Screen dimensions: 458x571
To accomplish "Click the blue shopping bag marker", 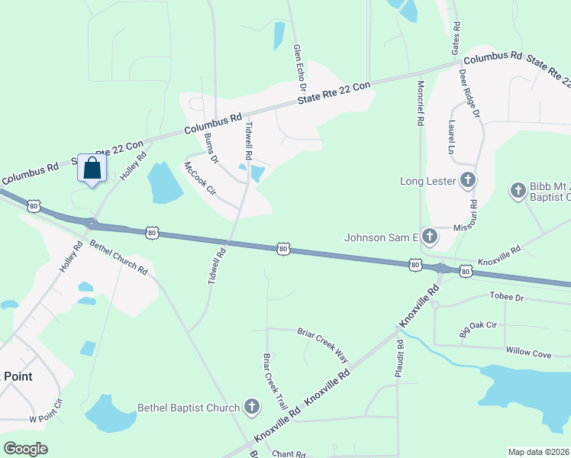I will [x=92, y=169].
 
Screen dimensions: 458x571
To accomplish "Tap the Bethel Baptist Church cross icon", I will [x=252, y=408].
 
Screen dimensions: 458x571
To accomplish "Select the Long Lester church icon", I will [x=468, y=181].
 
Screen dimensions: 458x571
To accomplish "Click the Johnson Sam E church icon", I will [x=430, y=237].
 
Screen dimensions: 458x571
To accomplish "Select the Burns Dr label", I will [x=211, y=149].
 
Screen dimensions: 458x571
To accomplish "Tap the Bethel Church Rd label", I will [x=118, y=257].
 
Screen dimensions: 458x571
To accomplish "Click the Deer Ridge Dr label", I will [x=468, y=93].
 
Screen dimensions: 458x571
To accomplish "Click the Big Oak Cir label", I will [x=479, y=329].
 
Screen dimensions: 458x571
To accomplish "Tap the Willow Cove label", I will [x=528, y=353].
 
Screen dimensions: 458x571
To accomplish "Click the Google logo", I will [x=25, y=449].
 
